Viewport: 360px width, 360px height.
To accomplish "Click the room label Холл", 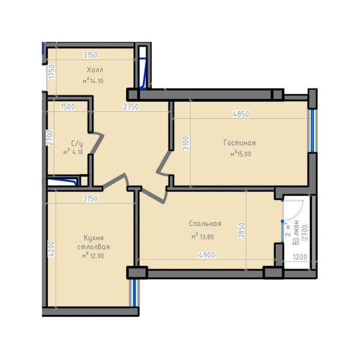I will (95, 70).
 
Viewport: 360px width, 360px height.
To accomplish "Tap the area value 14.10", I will (96, 81).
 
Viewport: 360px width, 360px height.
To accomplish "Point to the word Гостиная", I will (239, 143).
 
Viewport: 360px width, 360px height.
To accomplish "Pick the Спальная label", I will (205, 223).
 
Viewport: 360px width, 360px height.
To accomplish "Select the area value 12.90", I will (96, 256).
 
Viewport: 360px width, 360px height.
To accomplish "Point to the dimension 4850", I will (241, 114).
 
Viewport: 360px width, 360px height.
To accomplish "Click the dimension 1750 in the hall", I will (51, 71).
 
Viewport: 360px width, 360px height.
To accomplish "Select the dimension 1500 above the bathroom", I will (67, 107).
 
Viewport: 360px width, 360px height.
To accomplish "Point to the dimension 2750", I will (130, 107).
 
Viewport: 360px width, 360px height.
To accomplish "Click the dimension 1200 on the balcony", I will (300, 258).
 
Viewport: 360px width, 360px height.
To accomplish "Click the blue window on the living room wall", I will (312, 131).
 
